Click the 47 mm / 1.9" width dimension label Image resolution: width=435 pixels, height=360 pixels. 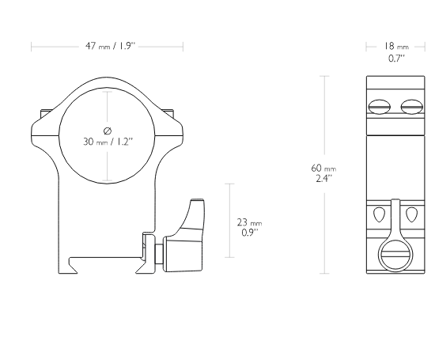click(111, 46)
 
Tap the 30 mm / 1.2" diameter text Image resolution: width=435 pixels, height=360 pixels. click(108, 142)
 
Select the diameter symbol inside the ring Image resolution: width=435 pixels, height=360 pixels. click(108, 131)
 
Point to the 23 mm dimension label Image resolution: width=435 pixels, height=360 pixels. click(249, 222)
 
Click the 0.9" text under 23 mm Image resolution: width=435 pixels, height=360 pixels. click(250, 233)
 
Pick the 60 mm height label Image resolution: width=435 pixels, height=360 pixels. click(323, 169)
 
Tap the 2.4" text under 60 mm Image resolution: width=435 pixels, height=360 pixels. click(324, 178)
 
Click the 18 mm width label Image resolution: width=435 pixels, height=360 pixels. click(396, 46)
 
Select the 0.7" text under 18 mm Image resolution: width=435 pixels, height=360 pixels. click(396, 59)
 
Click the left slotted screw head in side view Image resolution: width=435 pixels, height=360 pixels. click(379, 107)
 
